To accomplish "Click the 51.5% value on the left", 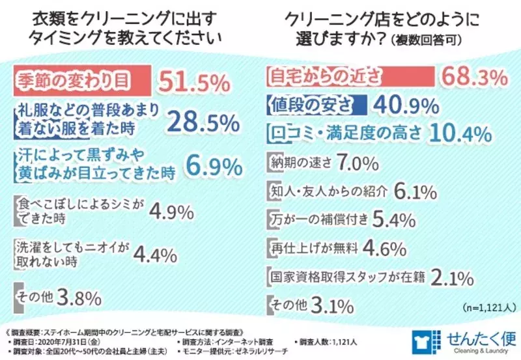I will [x=195, y=83].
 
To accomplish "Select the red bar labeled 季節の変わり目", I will [x=82, y=81].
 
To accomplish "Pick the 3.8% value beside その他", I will [x=79, y=299].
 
